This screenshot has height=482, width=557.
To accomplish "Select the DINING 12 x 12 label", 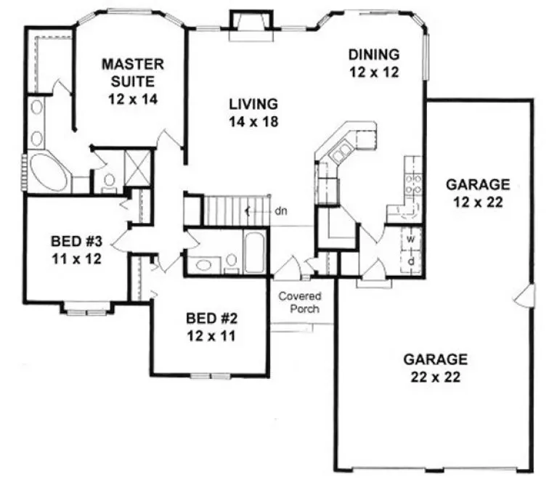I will [x=374, y=62].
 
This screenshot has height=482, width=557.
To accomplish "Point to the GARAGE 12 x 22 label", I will [x=477, y=193].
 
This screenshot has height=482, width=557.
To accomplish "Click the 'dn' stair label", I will [x=282, y=212].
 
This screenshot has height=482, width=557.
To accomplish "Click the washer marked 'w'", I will [x=410, y=237].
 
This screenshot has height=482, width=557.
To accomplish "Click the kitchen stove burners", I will [x=413, y=184].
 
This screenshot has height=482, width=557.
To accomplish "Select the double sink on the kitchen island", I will [x=339, y=152].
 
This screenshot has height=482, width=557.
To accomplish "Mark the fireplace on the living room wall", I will [x=240, y=26].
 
